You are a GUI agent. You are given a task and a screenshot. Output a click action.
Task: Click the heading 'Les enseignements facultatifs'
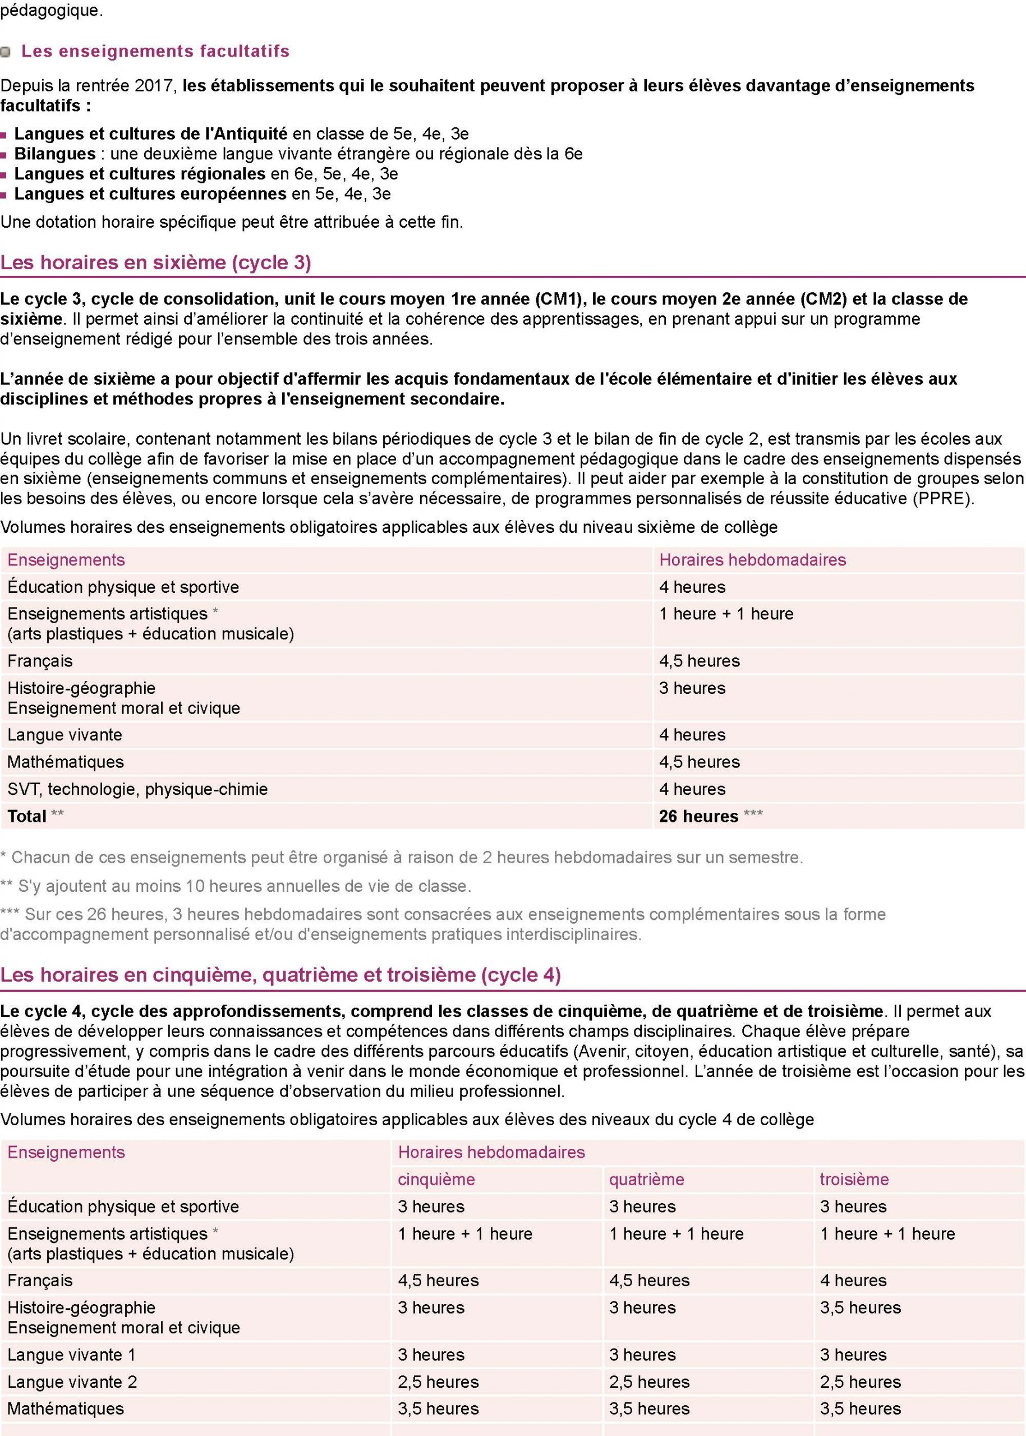(155, 51)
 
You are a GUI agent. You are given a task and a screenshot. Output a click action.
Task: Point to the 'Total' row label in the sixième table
(27, 816)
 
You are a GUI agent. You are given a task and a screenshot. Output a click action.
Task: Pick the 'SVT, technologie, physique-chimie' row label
(138, 789)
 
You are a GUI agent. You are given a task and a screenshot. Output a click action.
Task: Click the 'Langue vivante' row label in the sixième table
(65, 735)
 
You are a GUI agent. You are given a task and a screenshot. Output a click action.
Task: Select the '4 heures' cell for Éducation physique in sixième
(692, 587)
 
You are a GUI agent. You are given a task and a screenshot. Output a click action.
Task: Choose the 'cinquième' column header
(436, 1180)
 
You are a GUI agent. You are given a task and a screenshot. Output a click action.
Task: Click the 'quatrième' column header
(646, 1180)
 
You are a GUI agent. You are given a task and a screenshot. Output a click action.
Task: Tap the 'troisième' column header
(854, 1180)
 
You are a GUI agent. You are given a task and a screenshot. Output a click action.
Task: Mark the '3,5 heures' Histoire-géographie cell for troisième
(861, 1307)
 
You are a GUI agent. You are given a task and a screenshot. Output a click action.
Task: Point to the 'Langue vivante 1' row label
(71, 1355)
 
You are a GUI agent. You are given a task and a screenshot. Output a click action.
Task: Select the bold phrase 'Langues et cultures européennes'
(150, 194)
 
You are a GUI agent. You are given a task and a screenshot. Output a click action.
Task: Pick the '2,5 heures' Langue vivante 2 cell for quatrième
(650, 1382)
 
